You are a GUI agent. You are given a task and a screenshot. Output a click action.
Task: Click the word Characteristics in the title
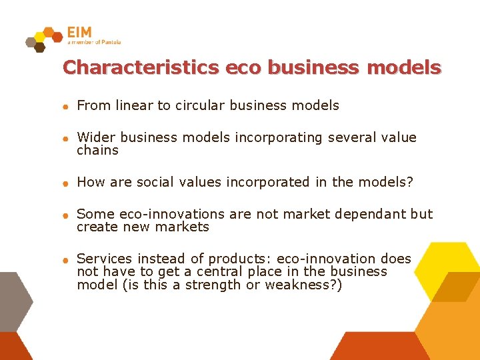pyautogui.click(x=141, y=67)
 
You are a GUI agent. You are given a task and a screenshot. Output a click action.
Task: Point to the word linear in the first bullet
pyautogui.click(x=134, y=105)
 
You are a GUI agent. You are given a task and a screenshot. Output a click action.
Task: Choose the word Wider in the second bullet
pyautogui.click(x=96, y=137)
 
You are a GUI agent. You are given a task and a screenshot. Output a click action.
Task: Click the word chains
pyautogui.click(x=98, y=151)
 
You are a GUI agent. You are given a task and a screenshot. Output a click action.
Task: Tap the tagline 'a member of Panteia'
pyautogui.click(x=94, y=42)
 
